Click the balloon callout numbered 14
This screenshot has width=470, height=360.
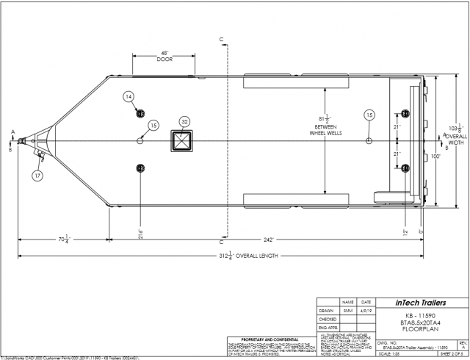[x=129, y=97]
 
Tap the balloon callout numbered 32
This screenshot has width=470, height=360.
[x=185, y=122]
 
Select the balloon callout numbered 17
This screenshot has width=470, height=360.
[x=37, y=175]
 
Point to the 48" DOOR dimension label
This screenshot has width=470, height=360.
[x=165, y=56]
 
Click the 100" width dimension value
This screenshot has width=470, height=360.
[x=435, y=156]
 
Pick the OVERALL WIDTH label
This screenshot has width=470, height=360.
[x=458, y=140]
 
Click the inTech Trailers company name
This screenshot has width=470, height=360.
[x=421, y=302]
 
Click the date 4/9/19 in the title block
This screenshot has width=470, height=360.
[x=366, y=311]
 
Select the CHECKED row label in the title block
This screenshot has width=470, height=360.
[x=328, y=320]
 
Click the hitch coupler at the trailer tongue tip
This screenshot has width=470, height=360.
[x=24, y=140]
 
